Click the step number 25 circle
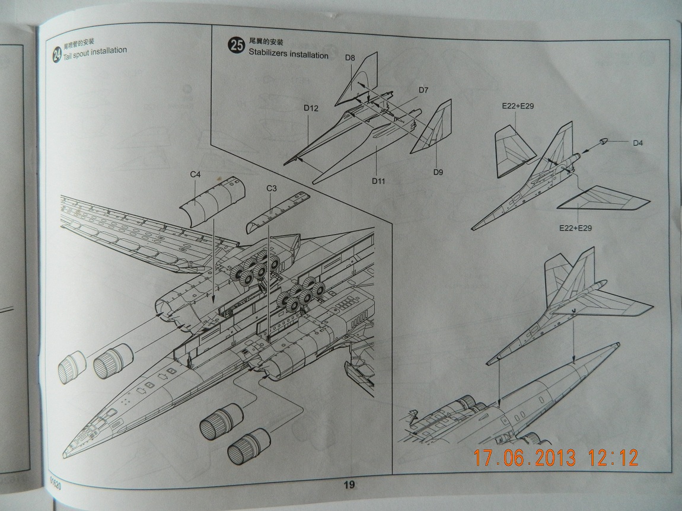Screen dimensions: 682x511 [236, 46]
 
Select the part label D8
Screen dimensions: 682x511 [350, 58]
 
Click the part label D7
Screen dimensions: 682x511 [423, 90]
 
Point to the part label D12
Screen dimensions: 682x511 [311, 108]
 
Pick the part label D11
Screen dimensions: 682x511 [379, 181]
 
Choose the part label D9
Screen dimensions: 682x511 [438, 173]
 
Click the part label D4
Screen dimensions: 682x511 [638, 142]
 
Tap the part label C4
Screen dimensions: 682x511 [196, 174]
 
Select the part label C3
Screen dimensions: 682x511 [272, 188]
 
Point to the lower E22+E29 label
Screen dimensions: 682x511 [575, 228]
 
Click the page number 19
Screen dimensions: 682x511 [349, 485]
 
